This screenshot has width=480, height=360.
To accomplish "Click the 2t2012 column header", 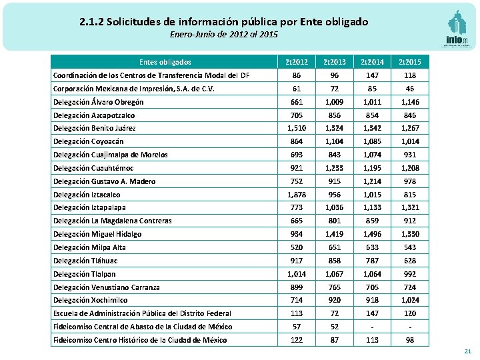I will click(296, 62).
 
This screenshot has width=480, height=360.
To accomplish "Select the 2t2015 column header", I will click(410, 62).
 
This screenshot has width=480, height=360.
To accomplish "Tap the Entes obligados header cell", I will click(165, 62).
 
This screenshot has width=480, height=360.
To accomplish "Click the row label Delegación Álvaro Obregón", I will click(98, 102).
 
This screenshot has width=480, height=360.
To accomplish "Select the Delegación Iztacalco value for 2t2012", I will click(296, 195).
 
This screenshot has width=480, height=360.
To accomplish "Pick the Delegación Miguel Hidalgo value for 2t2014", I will click(372, 234).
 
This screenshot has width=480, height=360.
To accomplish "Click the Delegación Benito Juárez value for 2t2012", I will click(296, 128).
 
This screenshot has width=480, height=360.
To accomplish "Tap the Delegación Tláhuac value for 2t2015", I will click(410, 261).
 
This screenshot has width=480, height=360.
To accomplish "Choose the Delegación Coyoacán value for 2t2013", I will click(334, 141).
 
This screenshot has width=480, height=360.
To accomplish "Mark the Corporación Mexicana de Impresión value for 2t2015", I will click(410, 89).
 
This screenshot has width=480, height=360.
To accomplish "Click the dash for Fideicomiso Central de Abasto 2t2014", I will click(372, 327).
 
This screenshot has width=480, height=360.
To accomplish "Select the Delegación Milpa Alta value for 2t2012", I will click(296, 247).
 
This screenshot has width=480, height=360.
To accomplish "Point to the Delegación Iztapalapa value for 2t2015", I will click(410, 208).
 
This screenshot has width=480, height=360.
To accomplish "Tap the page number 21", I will click(467, 351).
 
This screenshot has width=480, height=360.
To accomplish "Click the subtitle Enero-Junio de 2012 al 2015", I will click(223, 34).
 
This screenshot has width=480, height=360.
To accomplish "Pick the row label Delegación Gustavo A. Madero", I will click(104, 181).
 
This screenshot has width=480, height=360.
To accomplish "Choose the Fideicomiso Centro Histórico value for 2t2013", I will click(334, 340).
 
